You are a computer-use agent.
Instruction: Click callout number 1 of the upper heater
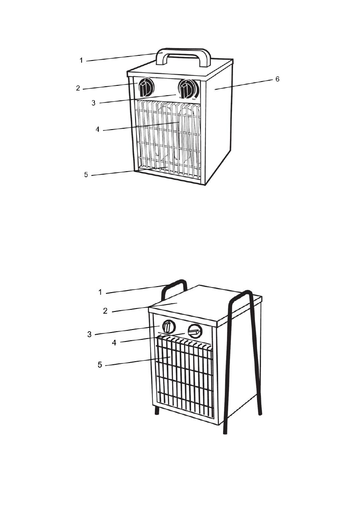tap(81, 60)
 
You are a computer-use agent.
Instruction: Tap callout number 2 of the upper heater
tap(78, 88)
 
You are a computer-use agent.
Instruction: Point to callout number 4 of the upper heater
tap(98, 129)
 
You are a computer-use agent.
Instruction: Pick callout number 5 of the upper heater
tap(86, 175)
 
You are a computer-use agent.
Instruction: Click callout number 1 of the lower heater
tap(100, 292)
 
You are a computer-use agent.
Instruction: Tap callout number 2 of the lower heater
tap(105, 311)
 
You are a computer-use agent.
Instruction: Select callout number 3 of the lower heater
tap(89, 334)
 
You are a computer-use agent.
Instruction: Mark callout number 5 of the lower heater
tap(100, 366)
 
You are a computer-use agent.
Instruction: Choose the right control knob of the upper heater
tap(187, 90)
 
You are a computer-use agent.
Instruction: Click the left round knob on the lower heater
tap(169, 327)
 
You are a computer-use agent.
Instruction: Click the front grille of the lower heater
tap(185, 378)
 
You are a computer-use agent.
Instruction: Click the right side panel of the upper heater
tap(219, 129)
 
